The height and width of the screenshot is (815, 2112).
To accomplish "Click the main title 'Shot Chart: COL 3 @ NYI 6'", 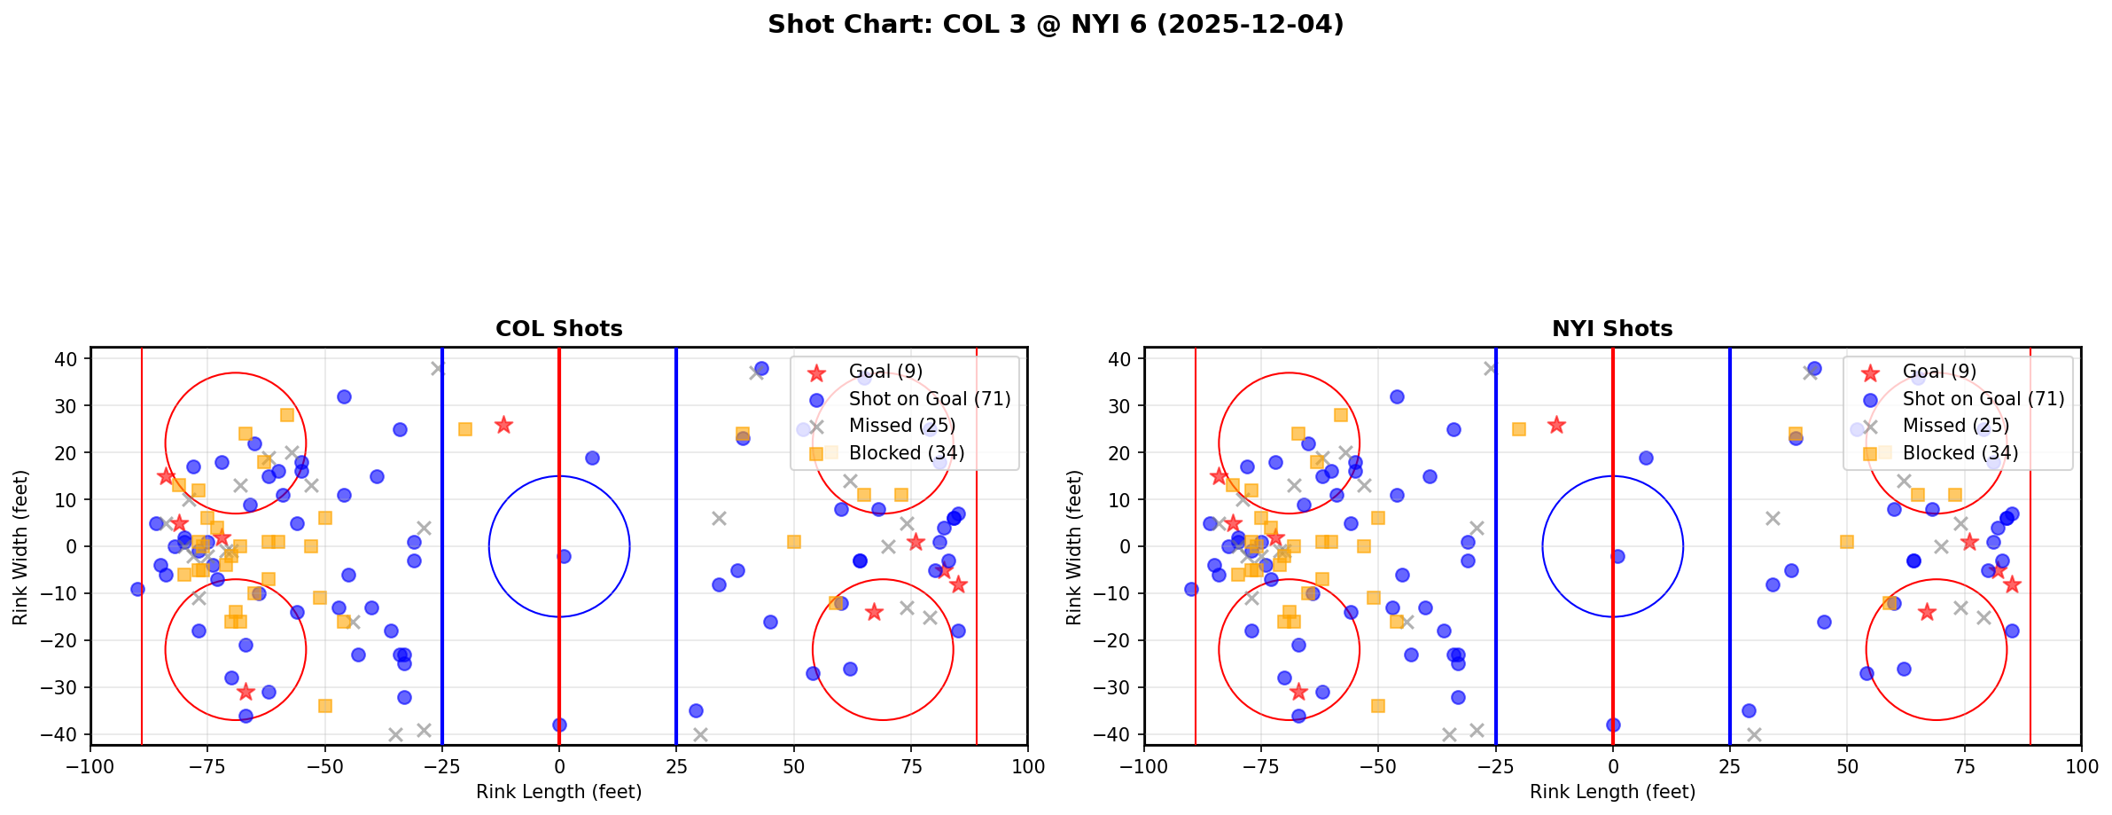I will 1056,25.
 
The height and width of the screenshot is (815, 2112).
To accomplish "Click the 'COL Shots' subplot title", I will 558,329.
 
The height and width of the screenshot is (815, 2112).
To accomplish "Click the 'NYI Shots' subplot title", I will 1612,329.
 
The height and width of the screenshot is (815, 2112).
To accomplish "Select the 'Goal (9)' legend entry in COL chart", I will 885,372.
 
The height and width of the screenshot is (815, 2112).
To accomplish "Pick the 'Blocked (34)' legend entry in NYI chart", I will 1960,453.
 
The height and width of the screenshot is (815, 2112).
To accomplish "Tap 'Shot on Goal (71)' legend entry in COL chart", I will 929,399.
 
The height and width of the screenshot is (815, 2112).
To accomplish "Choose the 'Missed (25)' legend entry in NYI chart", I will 1955,426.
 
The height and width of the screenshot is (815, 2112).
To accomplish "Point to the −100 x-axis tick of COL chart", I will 91,766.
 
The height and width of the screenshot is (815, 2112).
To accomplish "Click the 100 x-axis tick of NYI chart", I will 2081,766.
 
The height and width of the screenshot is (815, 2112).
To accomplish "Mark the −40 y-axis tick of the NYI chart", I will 1118,734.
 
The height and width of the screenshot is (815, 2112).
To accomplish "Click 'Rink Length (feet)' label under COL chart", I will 558,792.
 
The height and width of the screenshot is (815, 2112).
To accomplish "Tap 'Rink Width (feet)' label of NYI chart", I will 1075,547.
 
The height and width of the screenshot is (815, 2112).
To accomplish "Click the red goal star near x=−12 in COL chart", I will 503,425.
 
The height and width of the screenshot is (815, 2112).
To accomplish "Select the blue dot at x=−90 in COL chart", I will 137,589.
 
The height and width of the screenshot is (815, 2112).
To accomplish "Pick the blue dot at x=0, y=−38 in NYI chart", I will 1613,725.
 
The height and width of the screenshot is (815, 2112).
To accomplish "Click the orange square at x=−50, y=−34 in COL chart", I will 325,706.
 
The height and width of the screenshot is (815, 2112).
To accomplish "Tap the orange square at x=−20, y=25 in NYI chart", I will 1519,429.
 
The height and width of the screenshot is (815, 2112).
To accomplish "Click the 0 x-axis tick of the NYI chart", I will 1613,766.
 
